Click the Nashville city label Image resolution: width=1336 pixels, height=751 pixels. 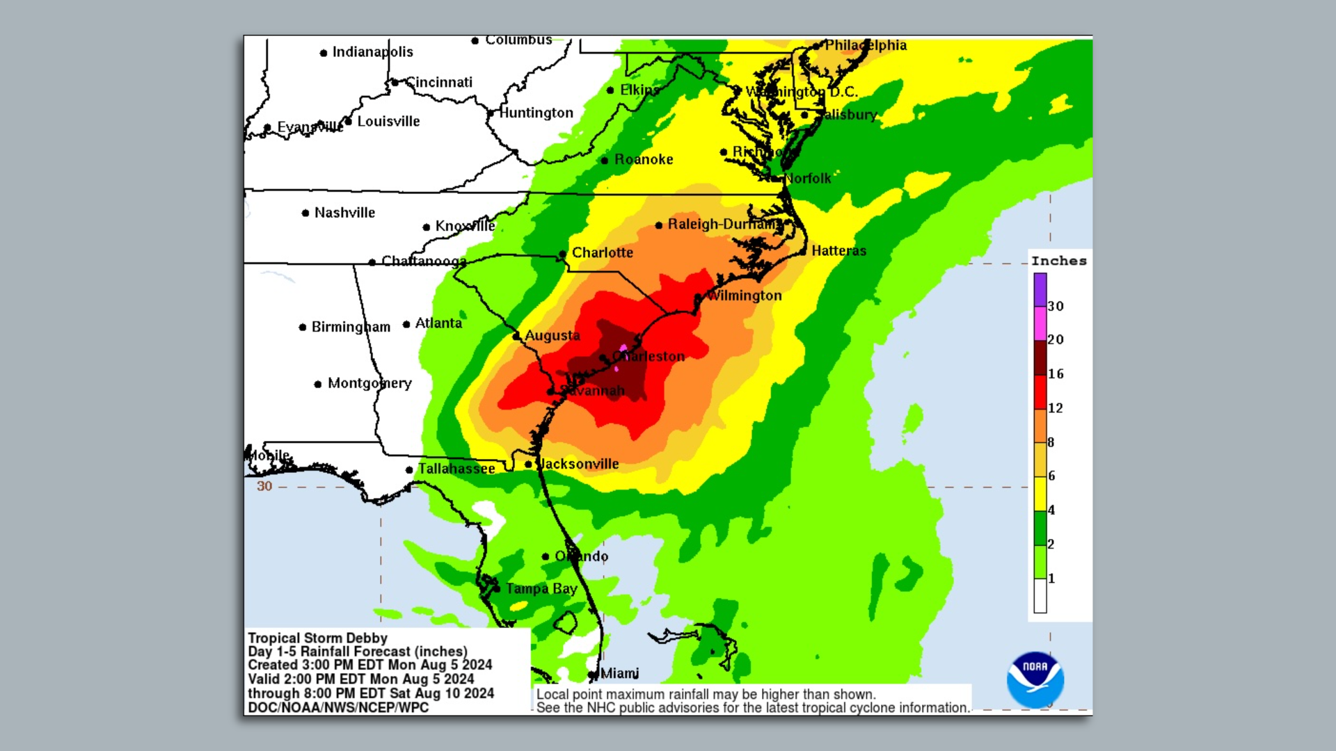(x=344, y=213)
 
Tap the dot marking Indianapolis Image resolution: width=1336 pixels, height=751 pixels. (x=324, y=53)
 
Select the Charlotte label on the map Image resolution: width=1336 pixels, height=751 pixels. (x=602, y=253)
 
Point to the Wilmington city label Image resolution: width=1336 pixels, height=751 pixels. (x=744, y=296)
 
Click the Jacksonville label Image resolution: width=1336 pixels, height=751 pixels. (x=579, y=464)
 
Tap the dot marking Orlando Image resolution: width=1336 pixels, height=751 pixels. (x=546, y=556)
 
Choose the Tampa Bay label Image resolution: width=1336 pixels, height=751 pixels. (x=541, y=589)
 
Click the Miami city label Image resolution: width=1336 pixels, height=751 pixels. (x=619, y=673)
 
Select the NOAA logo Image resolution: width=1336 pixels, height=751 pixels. (x=1035, y=679)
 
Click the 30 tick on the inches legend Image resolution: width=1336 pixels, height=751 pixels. (x=1056, y=306)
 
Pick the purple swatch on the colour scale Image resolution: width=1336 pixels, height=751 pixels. (x=1040, y=289)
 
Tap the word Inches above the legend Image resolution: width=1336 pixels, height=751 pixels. (x=1058, y=261)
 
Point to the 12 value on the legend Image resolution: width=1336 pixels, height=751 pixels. (x=1056, y=408)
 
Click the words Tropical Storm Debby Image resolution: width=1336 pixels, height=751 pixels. (x=317, y=638)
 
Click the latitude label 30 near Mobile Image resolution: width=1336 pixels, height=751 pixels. (x=264, y=486)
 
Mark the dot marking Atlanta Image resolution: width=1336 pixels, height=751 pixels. (x=406, y=324)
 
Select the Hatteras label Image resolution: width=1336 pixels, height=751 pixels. (x=838, y=251)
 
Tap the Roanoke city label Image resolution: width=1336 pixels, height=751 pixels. (x=644, y=160)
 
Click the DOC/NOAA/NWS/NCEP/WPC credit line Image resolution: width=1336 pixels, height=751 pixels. (x=338, y=707)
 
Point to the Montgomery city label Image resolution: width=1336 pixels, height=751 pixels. (x=369, y=383)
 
